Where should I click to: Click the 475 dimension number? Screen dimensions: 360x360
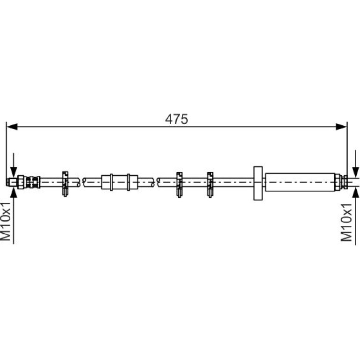[x=176, y=119]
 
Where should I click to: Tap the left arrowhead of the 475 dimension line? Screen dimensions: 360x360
[x=12, y=127]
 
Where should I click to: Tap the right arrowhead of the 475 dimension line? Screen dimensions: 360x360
[x=341, y=127]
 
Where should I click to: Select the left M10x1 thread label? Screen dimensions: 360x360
[x=6, y=222]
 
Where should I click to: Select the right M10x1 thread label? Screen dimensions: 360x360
[x=346, y=222]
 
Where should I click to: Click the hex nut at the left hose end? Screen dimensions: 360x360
[x=21, y=182]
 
